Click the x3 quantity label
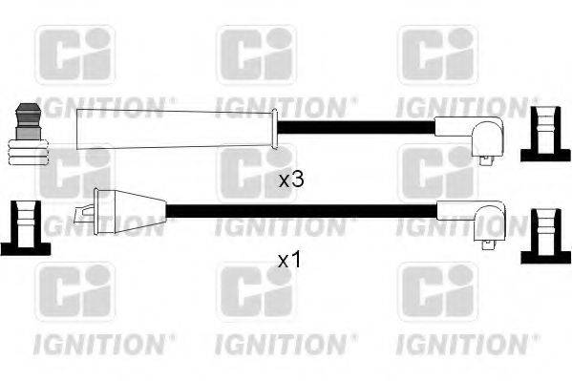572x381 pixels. click(290, 180)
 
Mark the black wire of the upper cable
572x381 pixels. click(358, 126)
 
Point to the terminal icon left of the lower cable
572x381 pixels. click(24, 227)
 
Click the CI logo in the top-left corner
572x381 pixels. click(74, 54)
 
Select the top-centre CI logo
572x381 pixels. click(255, 54)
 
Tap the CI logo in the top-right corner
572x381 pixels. click(436, 54)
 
